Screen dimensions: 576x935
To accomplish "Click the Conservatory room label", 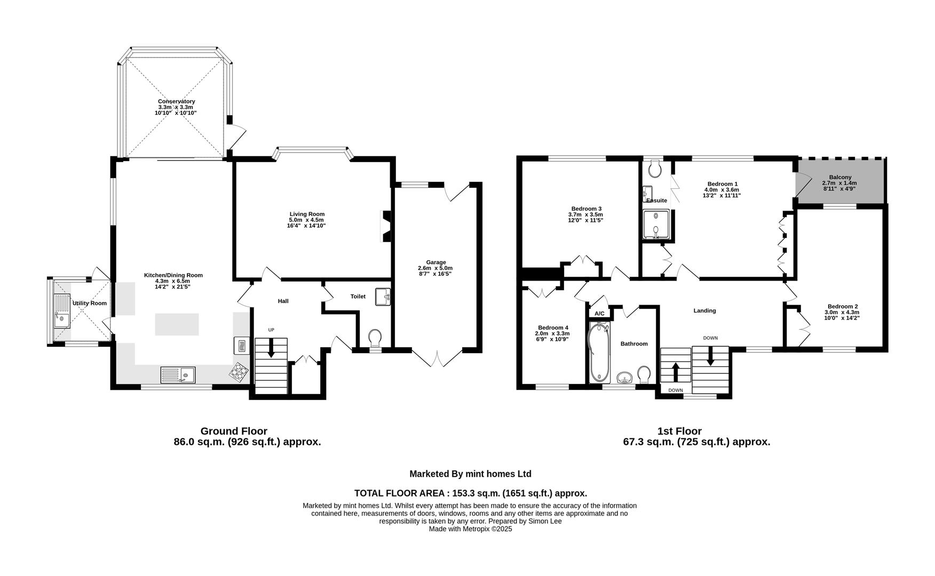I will [176, 101].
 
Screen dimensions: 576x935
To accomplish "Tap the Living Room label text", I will [306, 214].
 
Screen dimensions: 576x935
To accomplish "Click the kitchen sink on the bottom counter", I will [178, 375].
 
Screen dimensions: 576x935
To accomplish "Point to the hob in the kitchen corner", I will [239, 372].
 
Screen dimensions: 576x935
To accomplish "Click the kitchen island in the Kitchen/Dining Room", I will [177, 324].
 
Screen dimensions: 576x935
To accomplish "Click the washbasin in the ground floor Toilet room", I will [383, 297].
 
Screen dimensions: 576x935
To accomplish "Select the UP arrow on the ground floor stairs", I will [271, 348].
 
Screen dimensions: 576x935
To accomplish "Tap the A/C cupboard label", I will [599, 314].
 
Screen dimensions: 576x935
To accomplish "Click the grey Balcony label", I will [840, 177].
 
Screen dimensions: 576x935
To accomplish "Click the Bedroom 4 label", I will [553, 327].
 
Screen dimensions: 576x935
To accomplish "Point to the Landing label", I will [704, 310].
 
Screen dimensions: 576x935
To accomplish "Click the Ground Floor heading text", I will [234, 431].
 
